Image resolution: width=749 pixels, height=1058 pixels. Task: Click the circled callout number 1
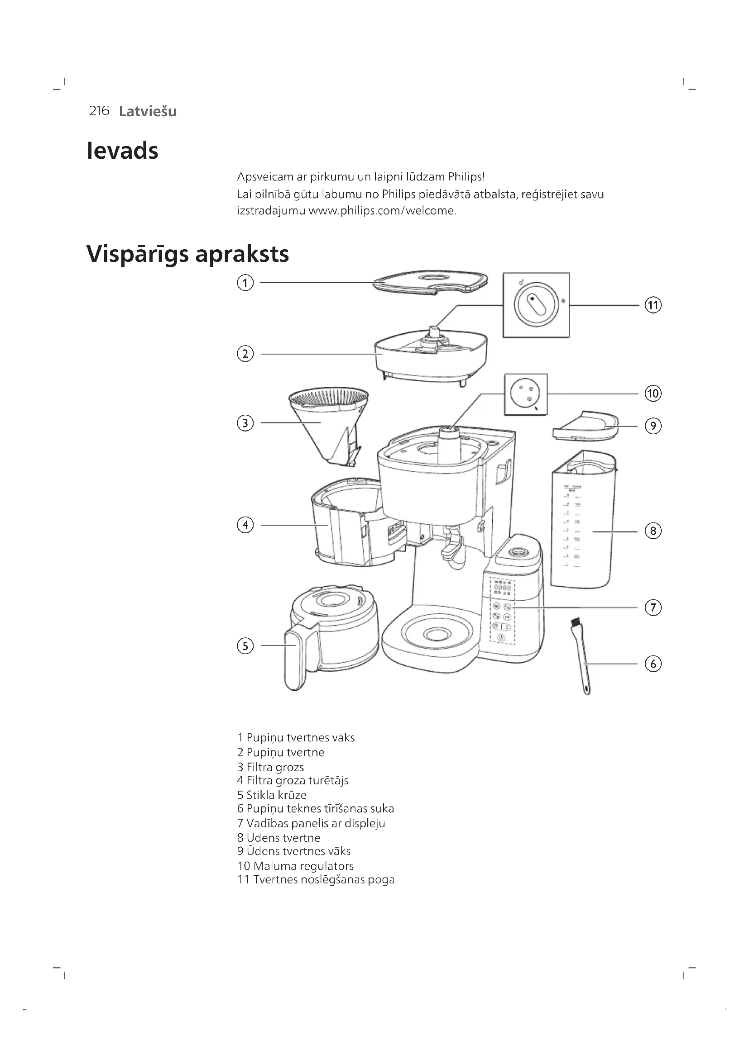pyautogui.click(x=245, y=282)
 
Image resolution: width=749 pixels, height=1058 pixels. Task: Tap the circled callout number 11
pyautogui.click(x=653, y=305)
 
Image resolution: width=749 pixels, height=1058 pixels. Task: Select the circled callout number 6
pyautogui.click(x=653, y=664)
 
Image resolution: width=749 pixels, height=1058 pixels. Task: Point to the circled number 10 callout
pyautogui.click(x=653, y=394)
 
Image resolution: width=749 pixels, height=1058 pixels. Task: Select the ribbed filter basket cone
pyautogui.click(x=329, y=424)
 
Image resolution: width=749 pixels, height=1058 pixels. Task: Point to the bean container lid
pyautogui.click(x=430, y=282)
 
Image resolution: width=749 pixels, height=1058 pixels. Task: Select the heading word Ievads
pyautogui.click(x=123, y=151)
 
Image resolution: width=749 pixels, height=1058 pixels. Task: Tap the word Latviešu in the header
pyautogui.click(x=148, y=112)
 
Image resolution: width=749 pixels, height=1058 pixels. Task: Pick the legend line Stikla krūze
pyautogui.click(x=272, y=795)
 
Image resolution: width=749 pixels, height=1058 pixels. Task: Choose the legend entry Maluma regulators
pyautogui.click(x=296, y=866)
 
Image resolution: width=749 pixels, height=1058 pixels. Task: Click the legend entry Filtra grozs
pyautogui.click(x=271, y=767)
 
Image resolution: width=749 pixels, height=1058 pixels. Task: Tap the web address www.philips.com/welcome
pyautogui.click(x=382, y=211)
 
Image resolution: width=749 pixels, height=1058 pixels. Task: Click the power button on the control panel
pyautogui.click(x=501, y=638)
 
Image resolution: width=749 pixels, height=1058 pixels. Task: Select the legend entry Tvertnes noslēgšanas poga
pyautogui.click(x=316, y=880)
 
